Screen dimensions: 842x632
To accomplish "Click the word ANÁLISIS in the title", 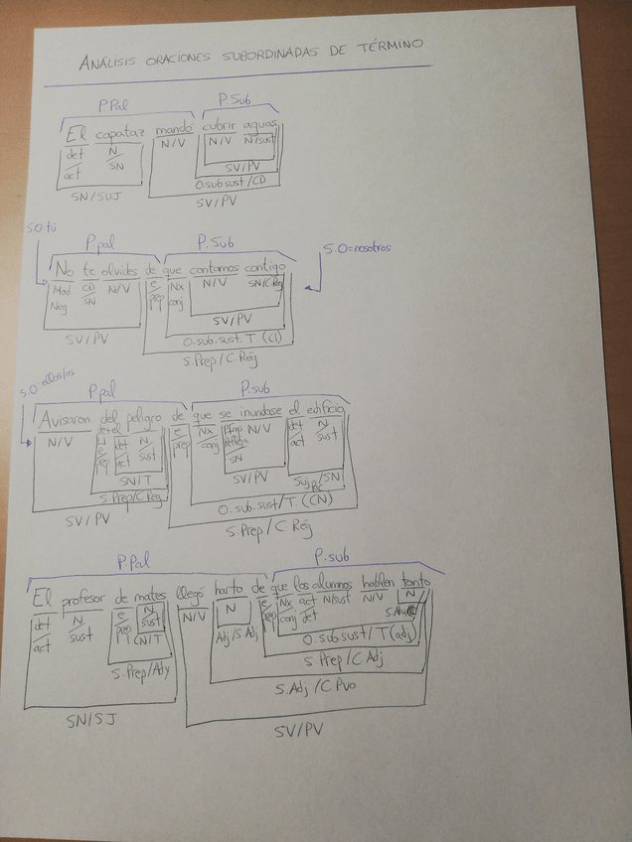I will pos(109,64).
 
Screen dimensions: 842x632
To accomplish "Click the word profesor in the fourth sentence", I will pos(83,599).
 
